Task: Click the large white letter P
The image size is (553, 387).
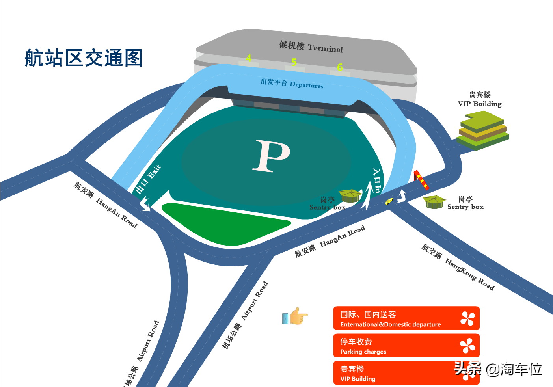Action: point(272,156)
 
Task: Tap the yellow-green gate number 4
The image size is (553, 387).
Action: point(249,58)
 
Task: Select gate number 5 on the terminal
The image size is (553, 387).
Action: point(294,62)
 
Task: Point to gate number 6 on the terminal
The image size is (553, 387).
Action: point(340,67)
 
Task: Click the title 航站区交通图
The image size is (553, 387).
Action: point(84,58)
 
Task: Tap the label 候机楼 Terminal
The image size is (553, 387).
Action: point(311,47)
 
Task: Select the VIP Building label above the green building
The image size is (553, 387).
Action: point(480,99)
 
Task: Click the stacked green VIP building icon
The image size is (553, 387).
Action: point(482,130)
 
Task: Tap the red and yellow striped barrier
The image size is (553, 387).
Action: point(421,180)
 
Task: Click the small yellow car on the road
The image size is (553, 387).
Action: point(389,201)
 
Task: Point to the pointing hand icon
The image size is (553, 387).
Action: point(295,316)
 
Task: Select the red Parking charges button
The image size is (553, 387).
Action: point(406,346)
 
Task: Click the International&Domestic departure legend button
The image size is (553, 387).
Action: point(406,318)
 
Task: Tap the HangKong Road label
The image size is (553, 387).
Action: point(458,267)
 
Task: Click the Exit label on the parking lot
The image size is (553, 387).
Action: point(148,179)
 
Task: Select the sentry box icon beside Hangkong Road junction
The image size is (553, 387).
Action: point(434,202)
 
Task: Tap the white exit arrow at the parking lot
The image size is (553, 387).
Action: point(145,204)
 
